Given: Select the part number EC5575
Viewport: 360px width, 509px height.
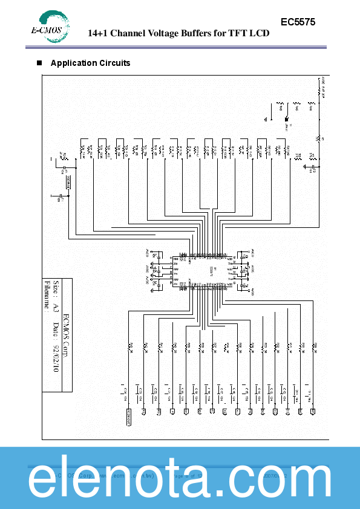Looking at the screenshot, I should click(298, 22).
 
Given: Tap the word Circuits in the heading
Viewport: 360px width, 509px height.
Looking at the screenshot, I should click(115, 63).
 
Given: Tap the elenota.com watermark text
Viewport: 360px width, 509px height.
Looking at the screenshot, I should click(180, 478).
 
